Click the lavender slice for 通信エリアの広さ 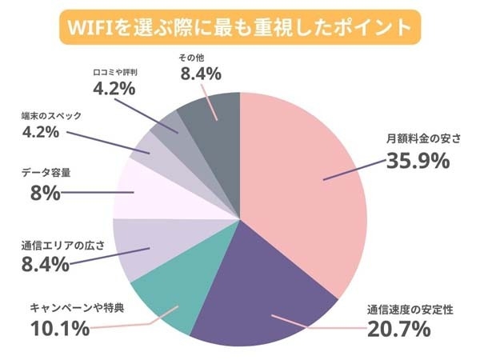[140, 248]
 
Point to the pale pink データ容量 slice [140, 192]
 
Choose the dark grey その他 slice [212, 120]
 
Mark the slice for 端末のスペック [149, 152]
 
